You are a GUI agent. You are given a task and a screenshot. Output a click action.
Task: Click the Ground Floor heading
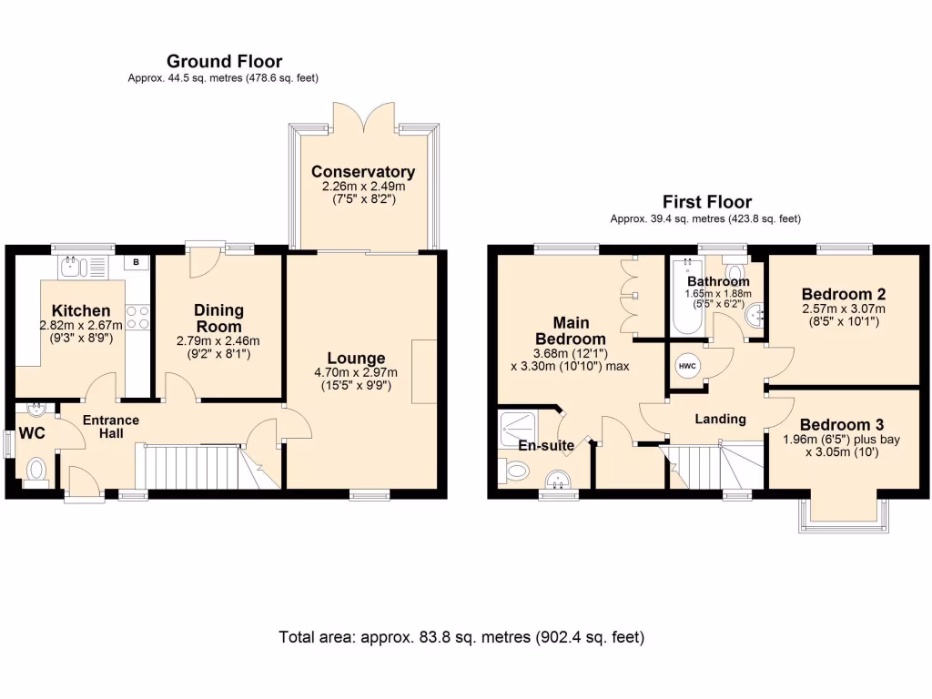click(x=224, y=62)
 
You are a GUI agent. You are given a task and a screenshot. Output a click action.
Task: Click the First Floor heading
click(x=706, y=202)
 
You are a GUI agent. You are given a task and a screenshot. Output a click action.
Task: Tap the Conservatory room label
click(x=362, y=172)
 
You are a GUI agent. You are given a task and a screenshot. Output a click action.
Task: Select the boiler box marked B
click(x=137, y=263)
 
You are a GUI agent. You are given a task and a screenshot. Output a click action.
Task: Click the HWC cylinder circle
click(x=687, y=366)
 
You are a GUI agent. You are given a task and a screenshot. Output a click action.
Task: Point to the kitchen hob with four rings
click(x=137, y=317)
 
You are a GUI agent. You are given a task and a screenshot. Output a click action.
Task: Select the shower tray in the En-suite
click(x=520, y=427)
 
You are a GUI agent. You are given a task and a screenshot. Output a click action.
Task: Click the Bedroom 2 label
click(x=843, y=294)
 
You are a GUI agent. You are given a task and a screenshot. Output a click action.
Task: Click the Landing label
click(x=720, y=419)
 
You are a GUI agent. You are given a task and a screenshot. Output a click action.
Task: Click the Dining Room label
click(x=218, y=318)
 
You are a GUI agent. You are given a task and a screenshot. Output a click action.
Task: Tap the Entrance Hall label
click(x=110, y=427)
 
